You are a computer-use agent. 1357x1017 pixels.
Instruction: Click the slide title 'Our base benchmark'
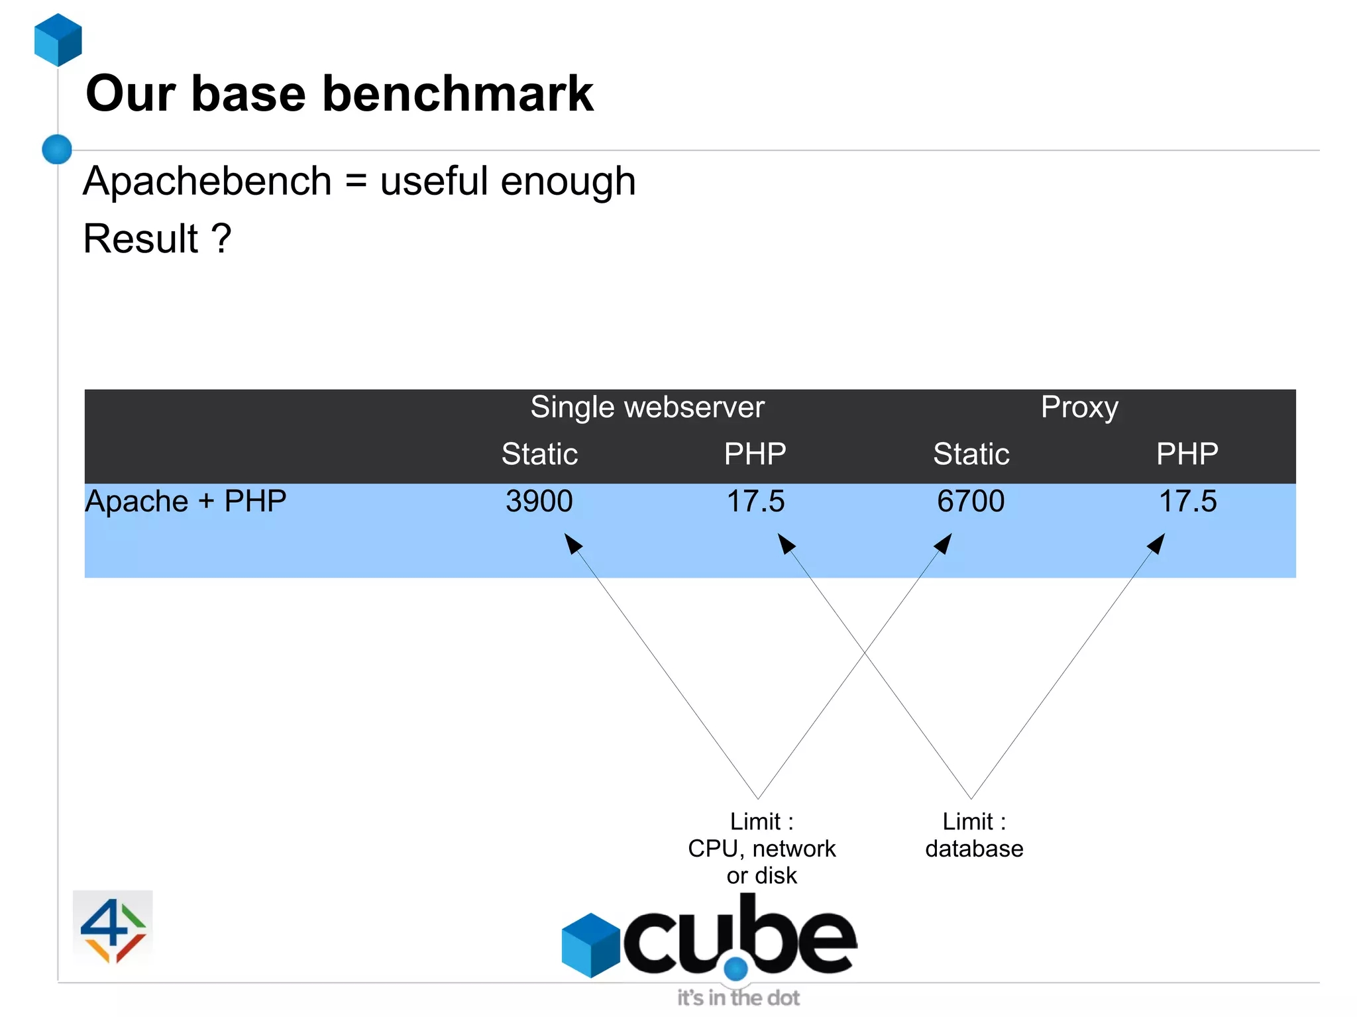click(x=339, y=94)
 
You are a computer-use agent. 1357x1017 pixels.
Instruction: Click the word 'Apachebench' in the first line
click(x=207, y=182)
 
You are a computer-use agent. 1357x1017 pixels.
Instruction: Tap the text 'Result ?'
click(x=157, y=239)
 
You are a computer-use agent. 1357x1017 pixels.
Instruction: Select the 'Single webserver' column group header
click(x=647, y=407)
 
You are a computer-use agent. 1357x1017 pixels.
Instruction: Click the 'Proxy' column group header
click(x=1079, y=407)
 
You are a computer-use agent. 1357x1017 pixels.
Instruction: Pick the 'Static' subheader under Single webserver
click(x=539, y=455)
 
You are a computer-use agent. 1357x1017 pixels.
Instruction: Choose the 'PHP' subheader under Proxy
click(x=1187, y=455)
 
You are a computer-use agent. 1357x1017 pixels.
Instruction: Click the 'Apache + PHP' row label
click(x=186, y=502)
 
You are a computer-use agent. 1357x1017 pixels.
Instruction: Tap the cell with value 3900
click(x=539, y=502)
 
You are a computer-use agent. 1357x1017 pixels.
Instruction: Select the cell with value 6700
click(x=971, y=502)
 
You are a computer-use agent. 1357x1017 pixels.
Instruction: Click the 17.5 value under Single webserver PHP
click(x=755, y=502)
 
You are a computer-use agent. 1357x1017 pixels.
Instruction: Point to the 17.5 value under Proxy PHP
click(x=1187, y=502)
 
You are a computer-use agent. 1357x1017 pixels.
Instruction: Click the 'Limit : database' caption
click(x=974, y=835)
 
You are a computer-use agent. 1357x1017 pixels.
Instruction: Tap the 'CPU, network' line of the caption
click(x=762, y=849)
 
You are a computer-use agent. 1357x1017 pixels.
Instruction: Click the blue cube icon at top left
click(x=58, y=40)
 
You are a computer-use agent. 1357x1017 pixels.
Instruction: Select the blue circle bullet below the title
click(x=57, y=149)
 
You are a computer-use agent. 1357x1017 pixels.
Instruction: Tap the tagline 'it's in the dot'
click(x=738, y=998)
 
